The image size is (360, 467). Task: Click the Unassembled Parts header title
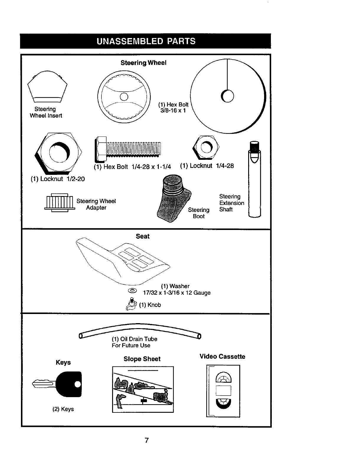(146, 41)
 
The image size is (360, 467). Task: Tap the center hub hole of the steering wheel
(124, 96)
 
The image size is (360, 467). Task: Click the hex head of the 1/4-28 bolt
(101, 150)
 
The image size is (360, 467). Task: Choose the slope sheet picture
(143, 389)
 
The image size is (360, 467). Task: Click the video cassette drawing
(223, 391)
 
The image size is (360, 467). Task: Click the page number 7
(146, 440)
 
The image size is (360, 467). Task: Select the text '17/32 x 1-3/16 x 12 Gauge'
(176, 293)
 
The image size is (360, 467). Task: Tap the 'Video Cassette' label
(222, 356)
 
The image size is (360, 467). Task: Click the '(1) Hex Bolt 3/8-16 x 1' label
(173, 107)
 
